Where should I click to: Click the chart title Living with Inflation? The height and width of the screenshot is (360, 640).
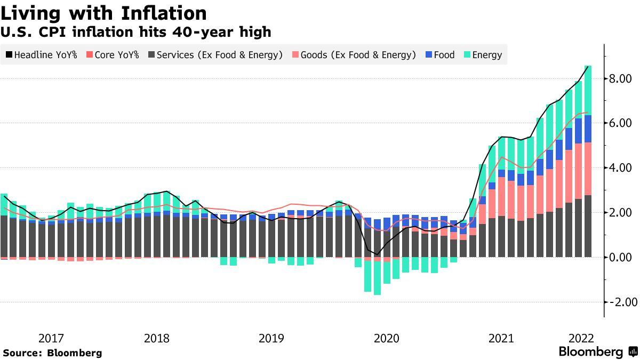[105, 12]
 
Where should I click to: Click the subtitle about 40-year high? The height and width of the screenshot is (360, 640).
[136, 33]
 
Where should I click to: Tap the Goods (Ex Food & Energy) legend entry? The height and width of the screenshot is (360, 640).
[353, 54]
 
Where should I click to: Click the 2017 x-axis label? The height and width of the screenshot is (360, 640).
[52, 339]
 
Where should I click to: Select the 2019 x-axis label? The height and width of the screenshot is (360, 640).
[271, 339]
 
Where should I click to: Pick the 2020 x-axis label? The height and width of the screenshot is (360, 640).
[386, 339]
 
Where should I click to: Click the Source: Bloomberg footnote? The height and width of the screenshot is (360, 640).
[53, 353]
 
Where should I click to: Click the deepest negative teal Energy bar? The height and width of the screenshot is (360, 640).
[378, 277]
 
